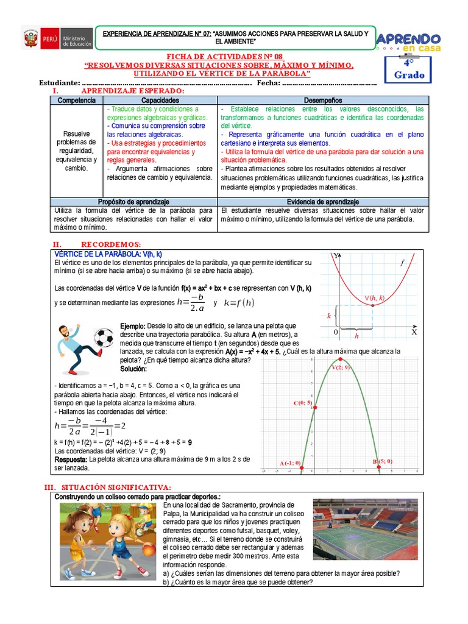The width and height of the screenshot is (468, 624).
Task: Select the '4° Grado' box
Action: pyautogui.click(x=408, y=70)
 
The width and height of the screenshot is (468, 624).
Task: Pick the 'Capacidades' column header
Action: pyautogui.click(x=160, y=100)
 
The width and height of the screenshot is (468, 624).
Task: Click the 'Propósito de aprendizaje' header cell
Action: pyautogui.click(x=133, y=201)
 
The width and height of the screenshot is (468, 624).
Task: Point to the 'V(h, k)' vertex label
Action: pyautogui.click(x=375, y=298)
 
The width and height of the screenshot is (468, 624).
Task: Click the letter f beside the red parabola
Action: pyautogui.click(x=402, y=263)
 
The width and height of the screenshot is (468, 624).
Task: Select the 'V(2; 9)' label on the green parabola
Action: pyautogui.click(x=341, y=367)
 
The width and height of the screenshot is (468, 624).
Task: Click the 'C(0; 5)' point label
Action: pyautogui.click(x=303, y=403)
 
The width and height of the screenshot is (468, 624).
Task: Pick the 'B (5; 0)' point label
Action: pyautogui.click(x=383, y=461)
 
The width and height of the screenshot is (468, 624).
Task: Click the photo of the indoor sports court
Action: pyautogui.click(x=365, y=530)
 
